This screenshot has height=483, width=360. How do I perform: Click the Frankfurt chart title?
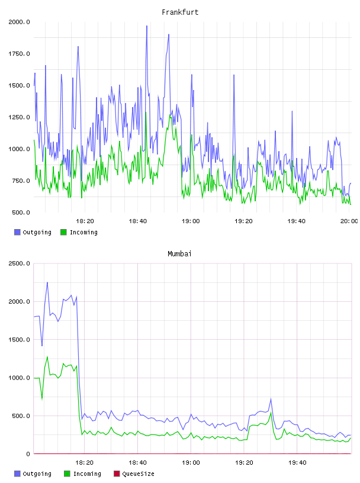(x=180, y=12)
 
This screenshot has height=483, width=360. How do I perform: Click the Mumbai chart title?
(x=179, y=254)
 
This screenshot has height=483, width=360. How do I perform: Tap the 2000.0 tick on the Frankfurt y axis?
(x=19, y=22)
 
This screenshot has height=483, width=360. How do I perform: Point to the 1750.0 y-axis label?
(x=19, y=54)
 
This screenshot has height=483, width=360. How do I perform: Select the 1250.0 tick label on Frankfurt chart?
(x=19, y=117)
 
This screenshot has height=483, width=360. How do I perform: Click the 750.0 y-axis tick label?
(x=21, y=181)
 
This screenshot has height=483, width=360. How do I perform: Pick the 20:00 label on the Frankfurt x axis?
(x=349, y=221)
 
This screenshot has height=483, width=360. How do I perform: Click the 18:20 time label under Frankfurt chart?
(x=85, y=221)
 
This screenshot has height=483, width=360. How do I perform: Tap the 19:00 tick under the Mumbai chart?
(x=191, y=463)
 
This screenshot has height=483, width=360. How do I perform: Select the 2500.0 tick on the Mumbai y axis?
(x=19, y=263)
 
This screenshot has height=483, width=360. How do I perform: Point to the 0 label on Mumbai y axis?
(x=28, y=454)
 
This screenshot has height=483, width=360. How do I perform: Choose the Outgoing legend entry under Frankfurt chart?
(x=33, y=232)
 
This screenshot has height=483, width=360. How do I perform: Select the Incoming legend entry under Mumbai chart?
(x=82, y=474)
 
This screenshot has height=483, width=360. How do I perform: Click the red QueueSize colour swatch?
(x=117, y=474)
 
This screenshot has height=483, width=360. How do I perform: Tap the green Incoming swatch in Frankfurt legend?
(x=63, y=232)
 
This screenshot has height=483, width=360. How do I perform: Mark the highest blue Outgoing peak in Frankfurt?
(x=147, y=26)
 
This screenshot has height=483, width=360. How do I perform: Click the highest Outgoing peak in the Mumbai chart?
(x=47, y=282)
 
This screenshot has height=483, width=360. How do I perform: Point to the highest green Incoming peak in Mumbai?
(x=47, y=357)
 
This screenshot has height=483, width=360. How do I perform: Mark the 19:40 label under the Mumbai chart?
(x=297, y=463)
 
